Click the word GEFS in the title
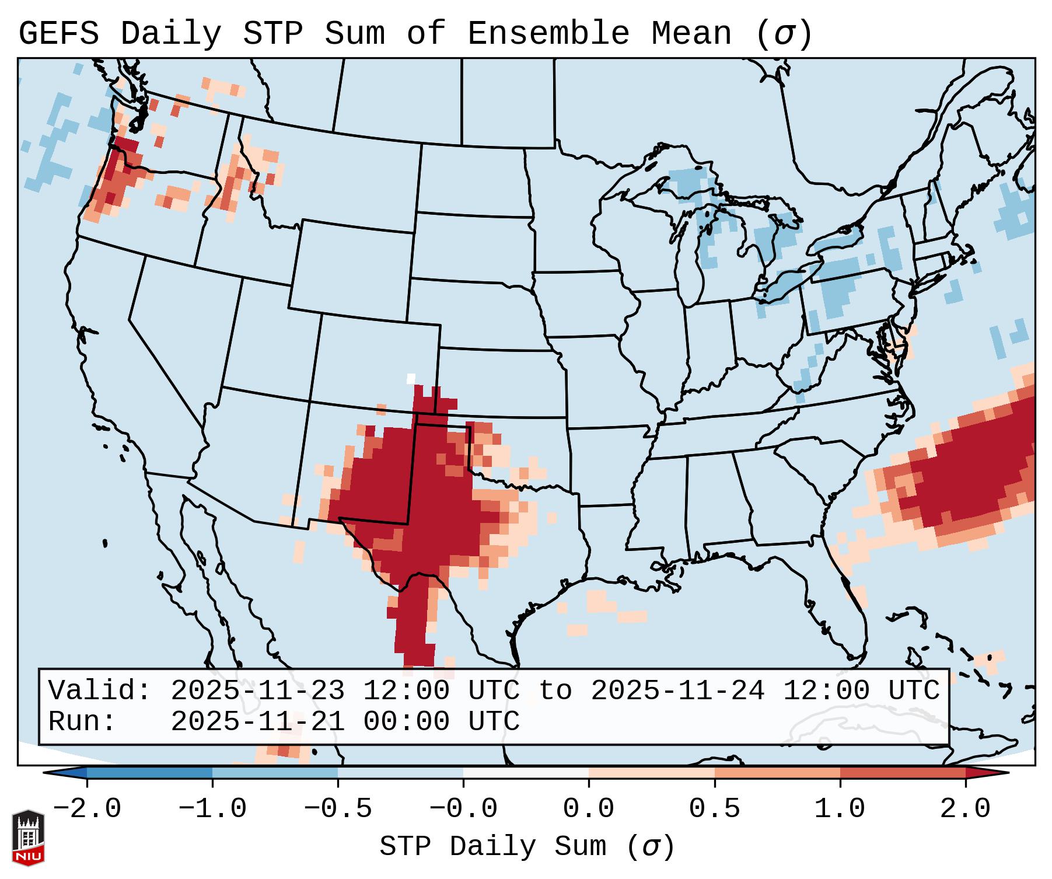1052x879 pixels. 58,34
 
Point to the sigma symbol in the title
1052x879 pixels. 784,34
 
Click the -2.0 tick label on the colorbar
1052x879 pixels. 87,809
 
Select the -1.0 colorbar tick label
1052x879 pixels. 212,809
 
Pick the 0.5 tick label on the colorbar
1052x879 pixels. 714,809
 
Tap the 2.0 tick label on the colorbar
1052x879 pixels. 965,809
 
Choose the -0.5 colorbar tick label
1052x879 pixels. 338,809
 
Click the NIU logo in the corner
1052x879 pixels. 28,838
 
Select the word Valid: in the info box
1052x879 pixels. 100,690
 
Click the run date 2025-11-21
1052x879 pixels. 257,721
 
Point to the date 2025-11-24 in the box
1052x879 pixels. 677,690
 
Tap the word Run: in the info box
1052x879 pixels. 82,721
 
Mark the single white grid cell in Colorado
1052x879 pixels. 411,379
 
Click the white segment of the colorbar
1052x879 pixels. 526,773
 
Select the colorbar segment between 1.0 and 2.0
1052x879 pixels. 903,773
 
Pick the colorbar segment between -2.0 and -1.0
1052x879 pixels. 149,773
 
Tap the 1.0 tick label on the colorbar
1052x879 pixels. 840,809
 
